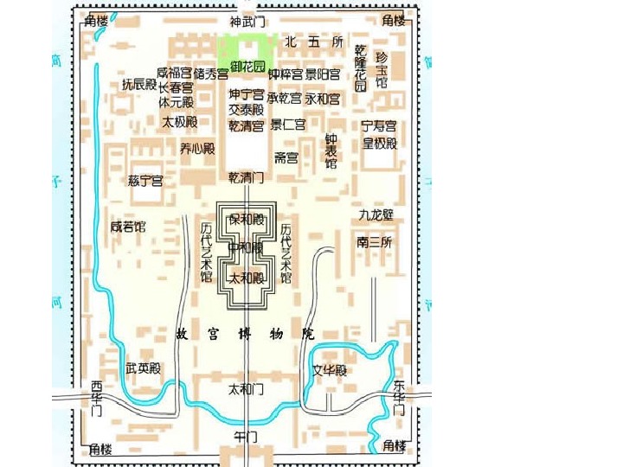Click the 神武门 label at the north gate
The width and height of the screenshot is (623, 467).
click(x=247, y=21)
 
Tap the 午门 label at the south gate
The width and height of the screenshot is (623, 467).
click(x=246, y=437)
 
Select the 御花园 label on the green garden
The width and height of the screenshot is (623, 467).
click(x=247, y=67)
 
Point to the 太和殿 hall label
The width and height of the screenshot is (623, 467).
click(x=246, y=278)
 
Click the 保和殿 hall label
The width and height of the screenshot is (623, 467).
click(x=246, y=219)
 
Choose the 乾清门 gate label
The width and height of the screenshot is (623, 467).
click(x=246, y=177)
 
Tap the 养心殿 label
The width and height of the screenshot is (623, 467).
click(x=197, y=149)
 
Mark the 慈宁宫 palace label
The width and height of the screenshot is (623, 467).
click(x=145, y=181)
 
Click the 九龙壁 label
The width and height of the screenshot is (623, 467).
click(x=376, y=214)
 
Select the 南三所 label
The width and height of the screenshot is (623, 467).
click(x=375, y=243)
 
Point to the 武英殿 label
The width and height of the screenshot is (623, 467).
click(x=144, y=368)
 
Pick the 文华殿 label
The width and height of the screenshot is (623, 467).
click(x=330, y=371)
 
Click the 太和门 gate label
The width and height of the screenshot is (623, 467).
click(x=246, y=389)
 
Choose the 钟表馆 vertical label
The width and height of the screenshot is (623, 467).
click(x=331, y=151)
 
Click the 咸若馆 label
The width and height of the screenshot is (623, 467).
click(x=128, y=227)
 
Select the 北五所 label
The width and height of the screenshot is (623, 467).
click(x=313, y=42)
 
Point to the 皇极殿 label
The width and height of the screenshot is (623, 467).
click(x=379, y=144)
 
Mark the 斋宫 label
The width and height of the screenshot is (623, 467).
click(x=286, y=157)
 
